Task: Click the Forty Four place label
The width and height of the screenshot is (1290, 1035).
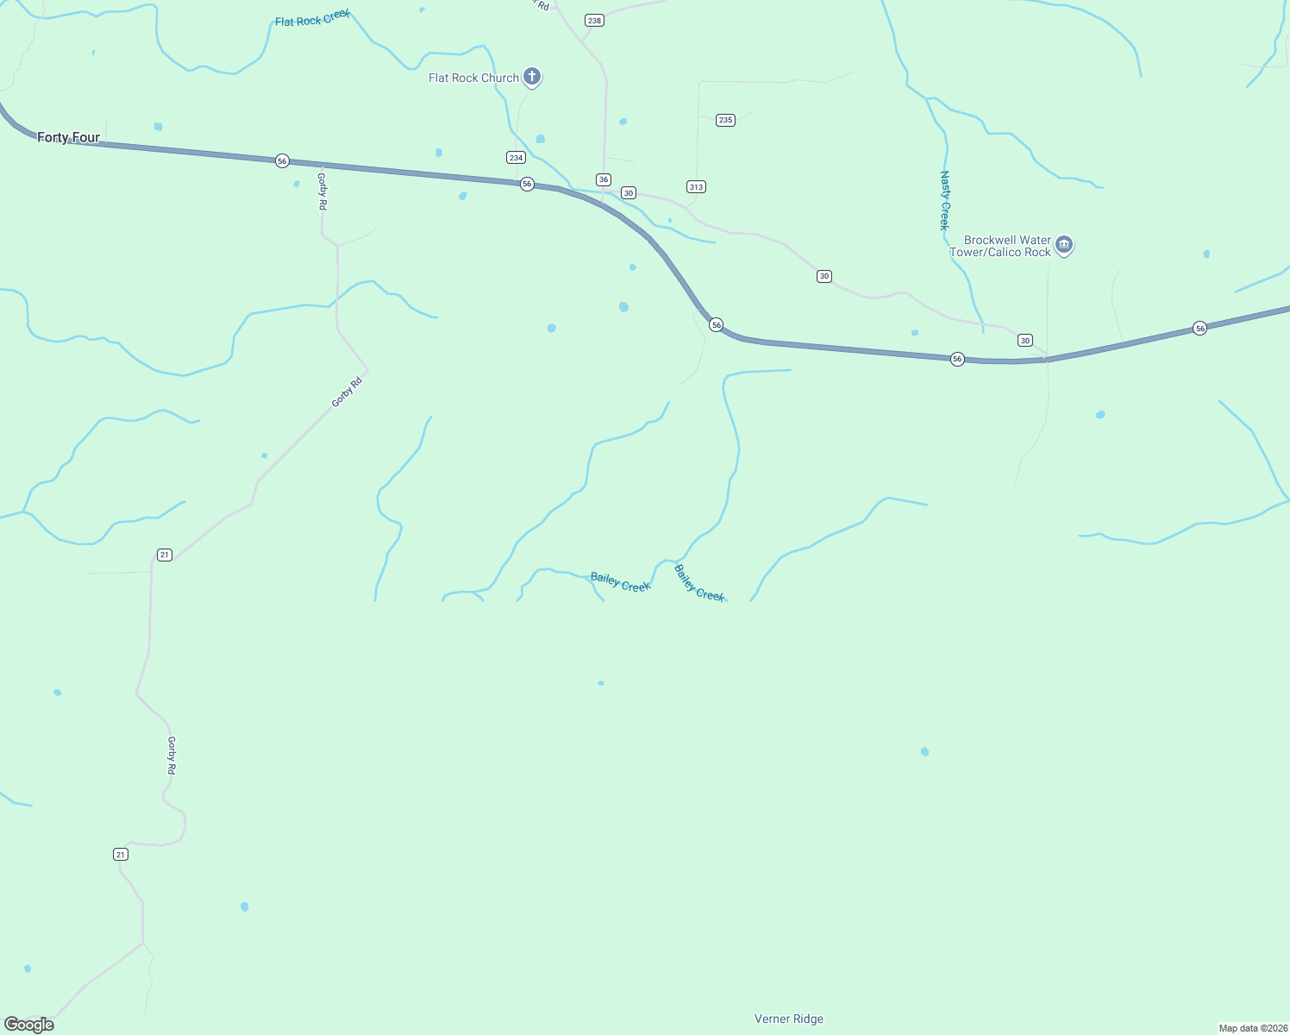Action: pyautogui.click(x=68, y=137)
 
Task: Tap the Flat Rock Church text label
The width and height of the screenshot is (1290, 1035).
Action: pyautogui.click(x=473, y=78)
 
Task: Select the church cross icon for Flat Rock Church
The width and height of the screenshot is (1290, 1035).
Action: pyautogui.click(x=532, y=77)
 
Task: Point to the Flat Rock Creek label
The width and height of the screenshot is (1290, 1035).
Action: pyautogui.click(x=312, y=19)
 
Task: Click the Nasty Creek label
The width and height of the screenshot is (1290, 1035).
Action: pyautogui.click(x=944, y=200)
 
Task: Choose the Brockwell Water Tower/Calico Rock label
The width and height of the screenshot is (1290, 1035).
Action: pyautogui.click(x=1000, y=246)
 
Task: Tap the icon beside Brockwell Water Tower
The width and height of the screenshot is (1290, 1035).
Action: pyautogui.click(x=1064, y=246)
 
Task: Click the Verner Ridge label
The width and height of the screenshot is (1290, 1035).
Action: pyautogui.click(x=788, y=1019)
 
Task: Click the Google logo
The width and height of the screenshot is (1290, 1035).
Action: pyautogui.click(x=29, y=1024)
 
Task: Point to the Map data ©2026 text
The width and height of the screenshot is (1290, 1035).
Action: pyautogui.click(x=1252, y=1028)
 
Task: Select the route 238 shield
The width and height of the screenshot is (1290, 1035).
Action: pyautogui.click(x=594, y=20)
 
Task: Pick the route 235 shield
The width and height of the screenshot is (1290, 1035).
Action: pyautogui.click(x=725, y=120)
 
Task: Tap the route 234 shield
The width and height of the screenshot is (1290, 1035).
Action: pyautogui.click(x=516, y=157)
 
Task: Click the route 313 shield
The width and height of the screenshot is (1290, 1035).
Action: pyautogui.click(x=696, y=186)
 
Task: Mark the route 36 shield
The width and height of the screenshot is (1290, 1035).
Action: pyautogui.click(x=604, y=179)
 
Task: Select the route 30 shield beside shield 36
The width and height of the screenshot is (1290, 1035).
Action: pyautogui.click(x=629, y=192)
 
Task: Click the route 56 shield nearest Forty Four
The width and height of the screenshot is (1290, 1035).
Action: pyautogui.click(x=282, y=161)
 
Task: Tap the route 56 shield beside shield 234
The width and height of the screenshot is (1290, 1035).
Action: pyautogui.click(x=527, y=184)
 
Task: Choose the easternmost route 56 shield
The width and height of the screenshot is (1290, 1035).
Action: pyautogui.click(x=1199, y=328)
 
